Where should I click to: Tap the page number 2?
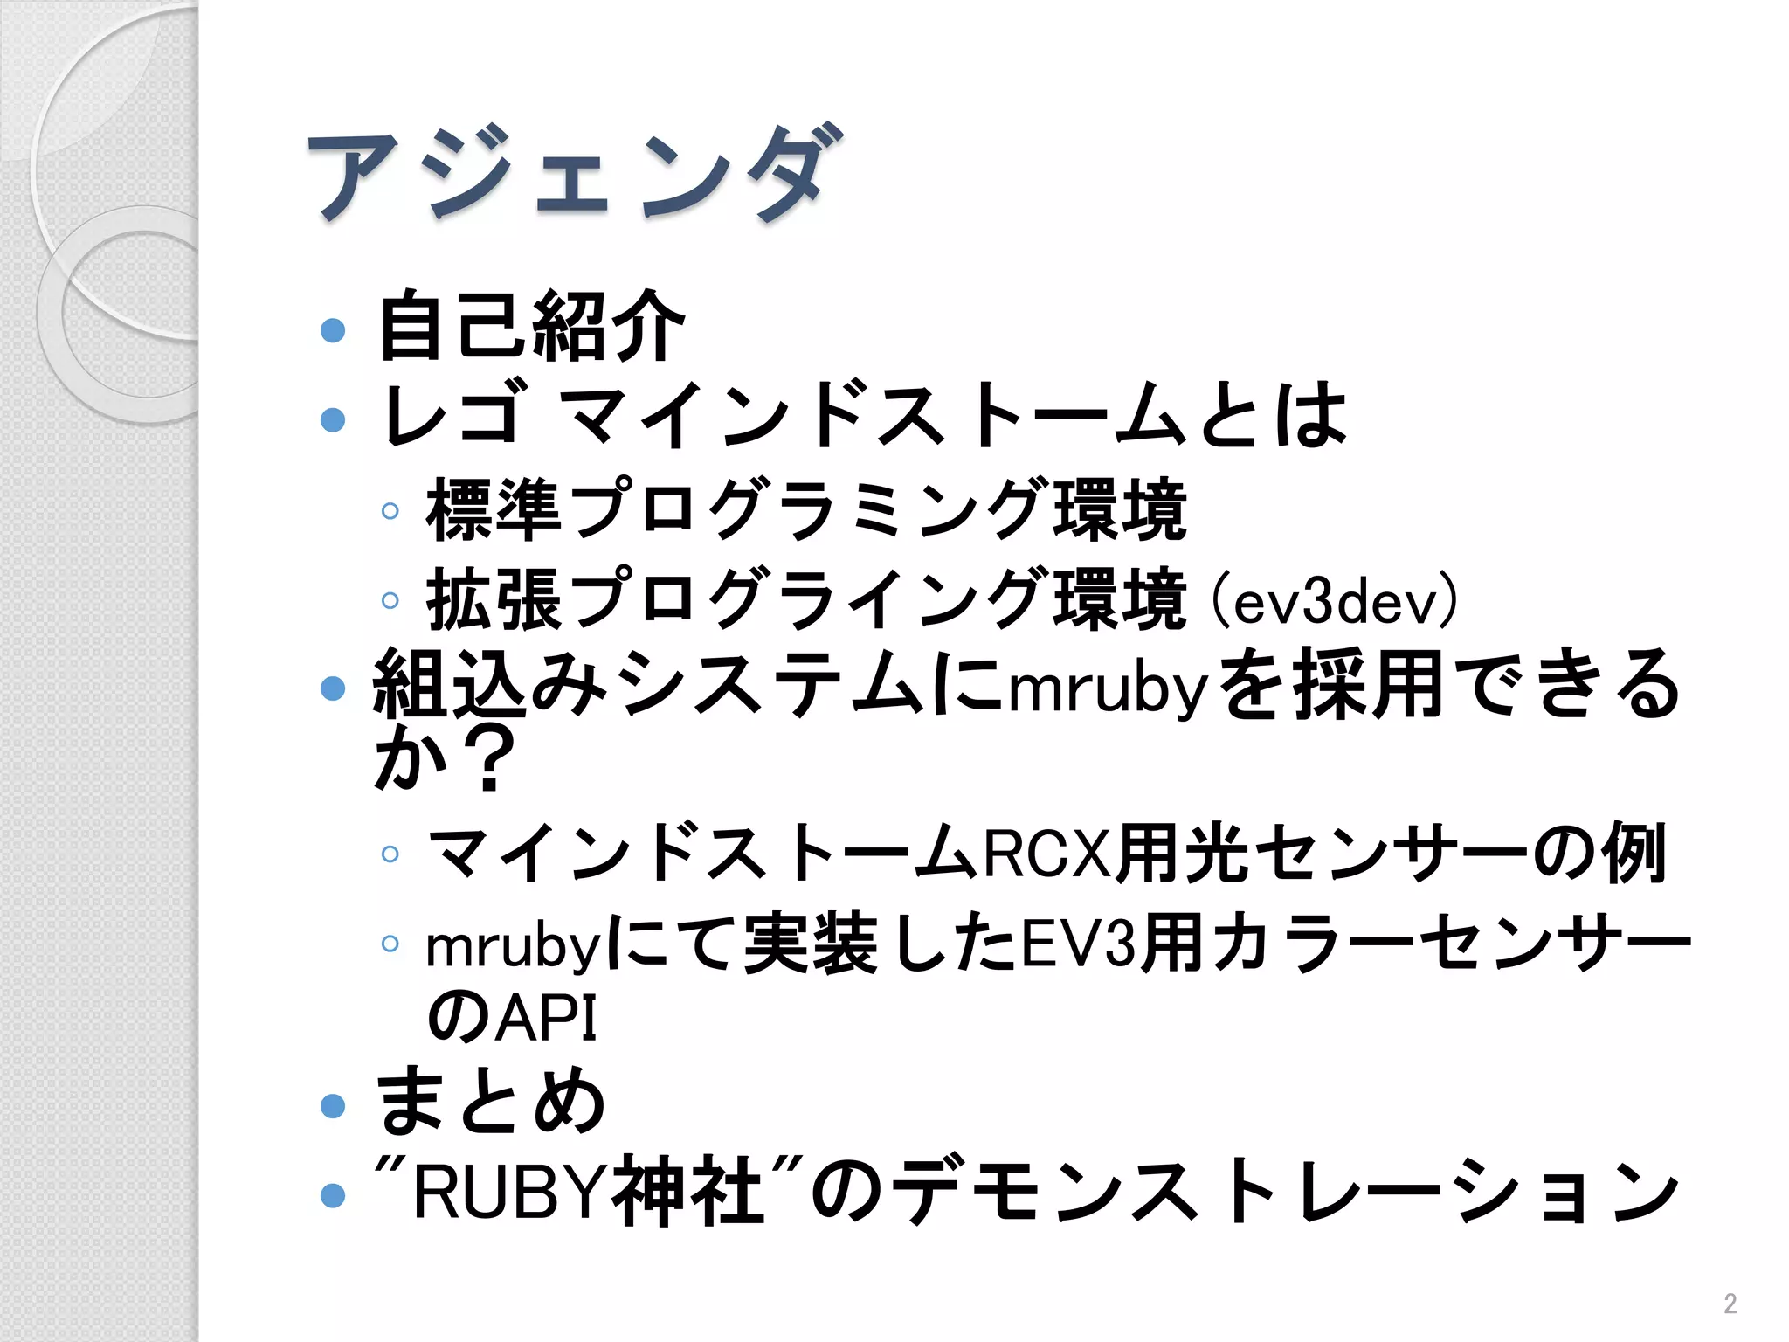pos(1730,1304)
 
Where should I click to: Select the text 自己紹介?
pos(530,327)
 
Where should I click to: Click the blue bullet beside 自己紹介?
pos(333,330)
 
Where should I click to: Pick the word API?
pos(547,1017)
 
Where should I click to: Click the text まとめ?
pos(489,1103)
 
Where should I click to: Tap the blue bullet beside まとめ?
pos(333,1106)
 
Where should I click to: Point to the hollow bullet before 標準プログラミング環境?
pos(390,511)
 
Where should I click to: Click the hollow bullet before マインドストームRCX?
pos(390,854)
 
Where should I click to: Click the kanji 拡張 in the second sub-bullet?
pos(494,600)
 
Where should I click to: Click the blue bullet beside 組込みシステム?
pos(333,688)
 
